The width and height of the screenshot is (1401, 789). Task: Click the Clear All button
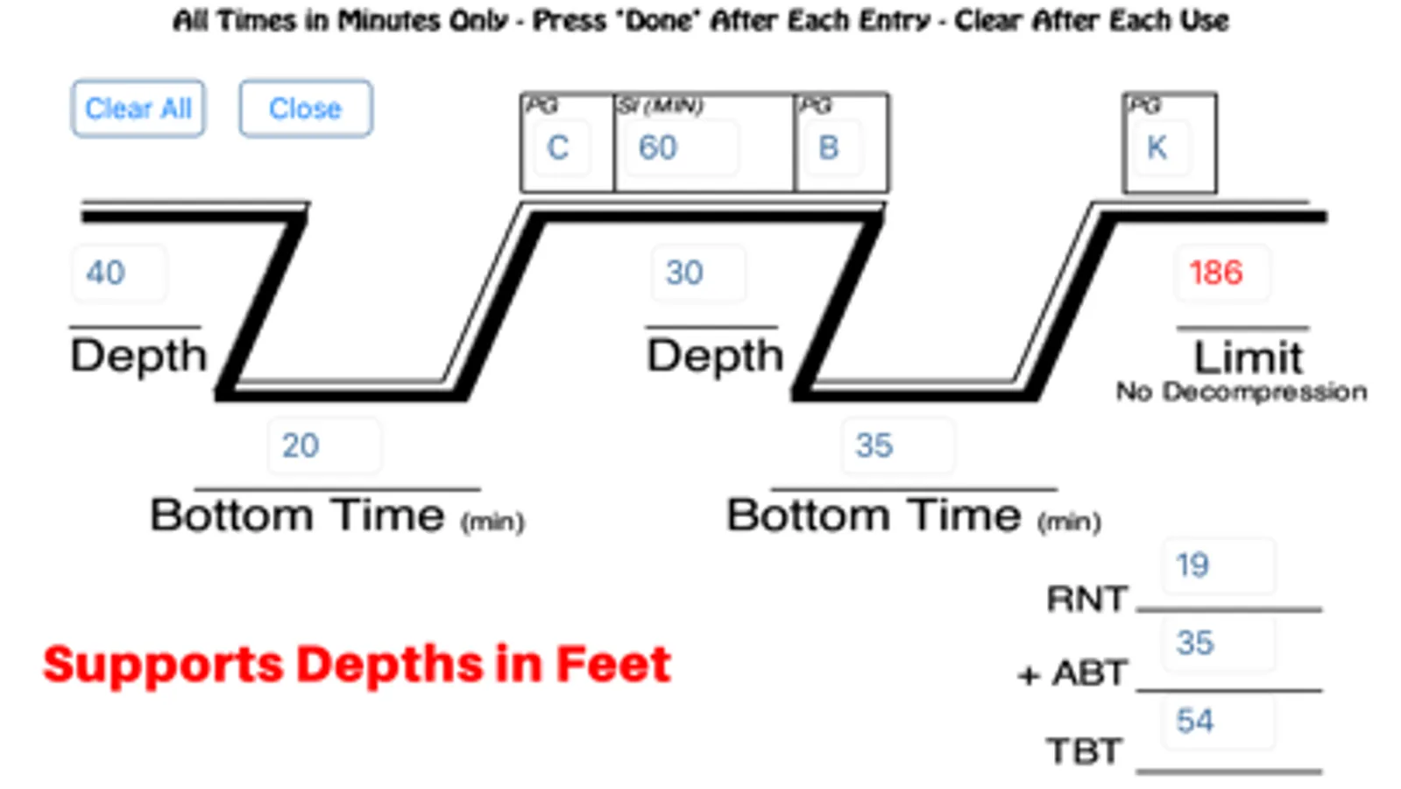point(138,108)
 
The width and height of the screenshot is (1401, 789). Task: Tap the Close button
point(306,108)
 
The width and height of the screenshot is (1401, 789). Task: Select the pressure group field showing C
point(562,147)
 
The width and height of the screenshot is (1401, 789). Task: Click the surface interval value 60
point(682,147)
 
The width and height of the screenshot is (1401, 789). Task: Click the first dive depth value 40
point(119,273)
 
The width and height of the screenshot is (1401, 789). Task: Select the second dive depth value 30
point(698,273)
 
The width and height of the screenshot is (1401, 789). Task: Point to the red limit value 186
point(1223,273)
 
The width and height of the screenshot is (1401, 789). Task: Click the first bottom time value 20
point(324,445)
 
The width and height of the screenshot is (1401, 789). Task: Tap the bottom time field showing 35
point(898,445)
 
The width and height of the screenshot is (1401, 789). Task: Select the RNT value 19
point(1219,565)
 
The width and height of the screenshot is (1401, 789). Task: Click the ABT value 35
point(1219,643)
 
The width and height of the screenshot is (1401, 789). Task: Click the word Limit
point(1249,358)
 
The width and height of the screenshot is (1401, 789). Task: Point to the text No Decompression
point(1242,392)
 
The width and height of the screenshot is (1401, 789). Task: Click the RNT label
point(1087,599)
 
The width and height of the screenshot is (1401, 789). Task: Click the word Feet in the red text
point(613,664)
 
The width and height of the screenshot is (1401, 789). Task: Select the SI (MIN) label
point(661,106)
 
